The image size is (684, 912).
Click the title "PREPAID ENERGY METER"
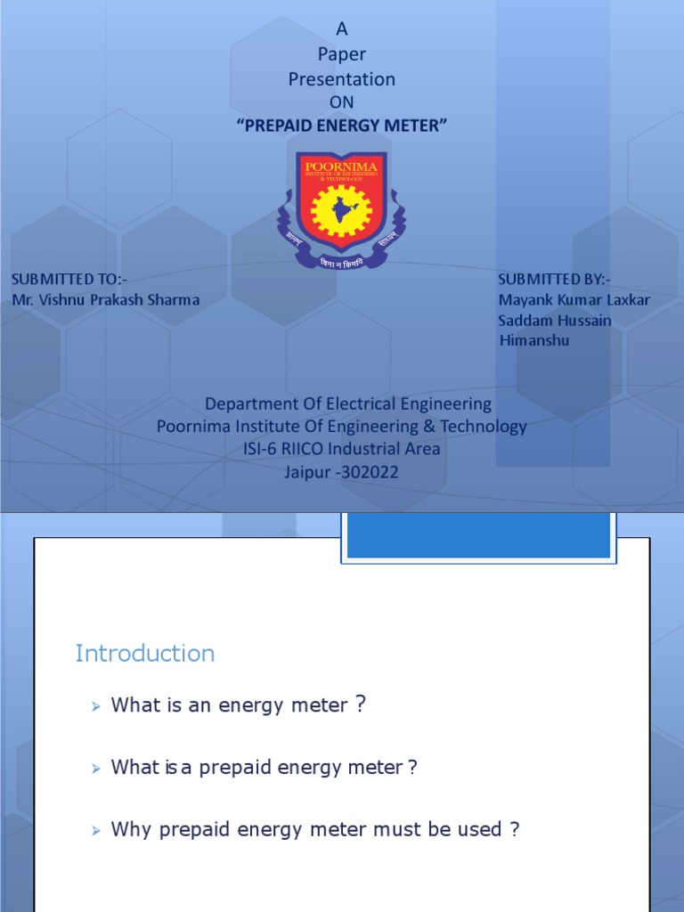pos(341,126)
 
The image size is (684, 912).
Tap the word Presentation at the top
pos(341,79)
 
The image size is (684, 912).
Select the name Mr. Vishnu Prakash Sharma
pos(106,299)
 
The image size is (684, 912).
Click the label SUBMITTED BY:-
pos(555,279)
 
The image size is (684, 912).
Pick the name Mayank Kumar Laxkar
pos(574,299)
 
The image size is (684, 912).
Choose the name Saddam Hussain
pos(555,320)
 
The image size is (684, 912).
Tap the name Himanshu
pos(534,340)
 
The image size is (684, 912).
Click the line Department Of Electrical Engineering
pos(348,403)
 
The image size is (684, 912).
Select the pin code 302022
pos(367,472)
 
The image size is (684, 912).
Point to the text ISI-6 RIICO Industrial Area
pos(342,449)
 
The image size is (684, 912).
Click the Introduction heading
pos(145,654)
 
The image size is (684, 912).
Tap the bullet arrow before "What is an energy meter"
pos(96,706)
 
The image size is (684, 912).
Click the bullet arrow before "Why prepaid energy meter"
pos(96,831)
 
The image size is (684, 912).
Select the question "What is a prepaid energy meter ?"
pos(264,768)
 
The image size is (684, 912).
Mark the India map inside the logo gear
pos(341,212)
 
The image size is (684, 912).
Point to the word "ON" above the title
pos(341,102)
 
